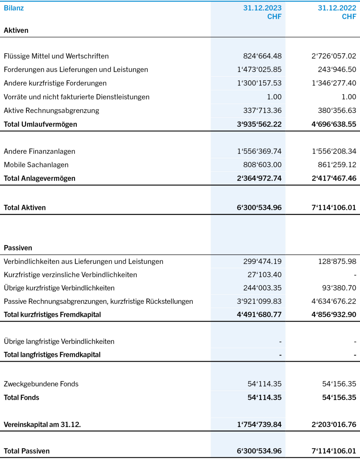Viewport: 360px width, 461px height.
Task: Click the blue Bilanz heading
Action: pyautogui.click(x=14, y=8)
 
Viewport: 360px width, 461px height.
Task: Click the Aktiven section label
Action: pyautogui.click(x=16, y=30)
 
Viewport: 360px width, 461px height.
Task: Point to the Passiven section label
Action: pyautogui.click(x=18, y=248)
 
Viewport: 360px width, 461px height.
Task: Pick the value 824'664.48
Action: pyautogui.click(x=262, y=56)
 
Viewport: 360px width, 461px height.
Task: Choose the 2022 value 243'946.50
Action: pyautogui.click(x=337, y=70)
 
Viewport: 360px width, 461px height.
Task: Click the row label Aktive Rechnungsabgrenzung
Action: pyautogui.click(x=51, y=111)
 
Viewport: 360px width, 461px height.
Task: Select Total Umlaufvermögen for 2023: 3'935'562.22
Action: pyautogui.click(x=259, y=124)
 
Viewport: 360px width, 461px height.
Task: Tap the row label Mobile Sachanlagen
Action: pyautogui.click(x=36, y=165)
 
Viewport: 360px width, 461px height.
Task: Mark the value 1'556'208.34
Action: pyautogui.click(x=334, y=151)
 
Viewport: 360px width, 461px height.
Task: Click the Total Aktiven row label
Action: pyautogui.click(x=25, y=208)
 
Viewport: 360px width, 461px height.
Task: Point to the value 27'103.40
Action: pyautogui.click(x=265, y=275)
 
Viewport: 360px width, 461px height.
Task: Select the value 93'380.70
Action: pyautogui.click(x=339, y=288)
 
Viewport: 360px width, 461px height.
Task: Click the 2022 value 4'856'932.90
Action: pyautogui.click(x=334, y=315)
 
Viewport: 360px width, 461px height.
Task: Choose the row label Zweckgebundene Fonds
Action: pyautogui.click(x=41, y=384)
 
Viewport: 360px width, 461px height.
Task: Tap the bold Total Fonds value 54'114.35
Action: pyautogui.click(x=265, y=398)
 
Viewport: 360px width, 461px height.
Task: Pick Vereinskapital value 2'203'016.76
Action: pyautogui.click(x=334, y=425)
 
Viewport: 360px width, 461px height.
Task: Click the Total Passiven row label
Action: pyautogui.click(x=27, y=451)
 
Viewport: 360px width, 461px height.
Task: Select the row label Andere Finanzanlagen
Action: pyautogui.click(x=39, y=151)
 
